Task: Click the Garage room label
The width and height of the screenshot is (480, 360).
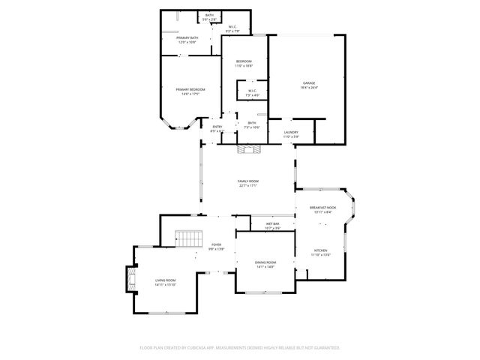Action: [309, 83]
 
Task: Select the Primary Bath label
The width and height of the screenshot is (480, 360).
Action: [187, 37]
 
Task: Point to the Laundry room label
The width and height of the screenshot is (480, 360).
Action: [291, 132]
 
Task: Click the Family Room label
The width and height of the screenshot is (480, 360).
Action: [247, 181]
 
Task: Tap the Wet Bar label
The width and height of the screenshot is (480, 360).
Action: [272, 223]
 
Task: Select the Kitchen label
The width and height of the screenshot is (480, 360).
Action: [321, 250]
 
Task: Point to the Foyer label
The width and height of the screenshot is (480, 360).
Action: [216, 244]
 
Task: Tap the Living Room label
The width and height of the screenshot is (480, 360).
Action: [165, 280]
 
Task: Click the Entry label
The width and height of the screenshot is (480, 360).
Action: [217, 127]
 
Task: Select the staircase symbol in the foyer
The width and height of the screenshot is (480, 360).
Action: [190, 239]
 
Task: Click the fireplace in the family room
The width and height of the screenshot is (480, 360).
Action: [249, 150]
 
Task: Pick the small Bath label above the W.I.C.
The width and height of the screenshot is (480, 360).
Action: [210, 15]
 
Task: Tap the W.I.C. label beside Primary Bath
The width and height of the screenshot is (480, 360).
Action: [232, 27]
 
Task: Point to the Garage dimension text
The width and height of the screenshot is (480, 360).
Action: [309, 88]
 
